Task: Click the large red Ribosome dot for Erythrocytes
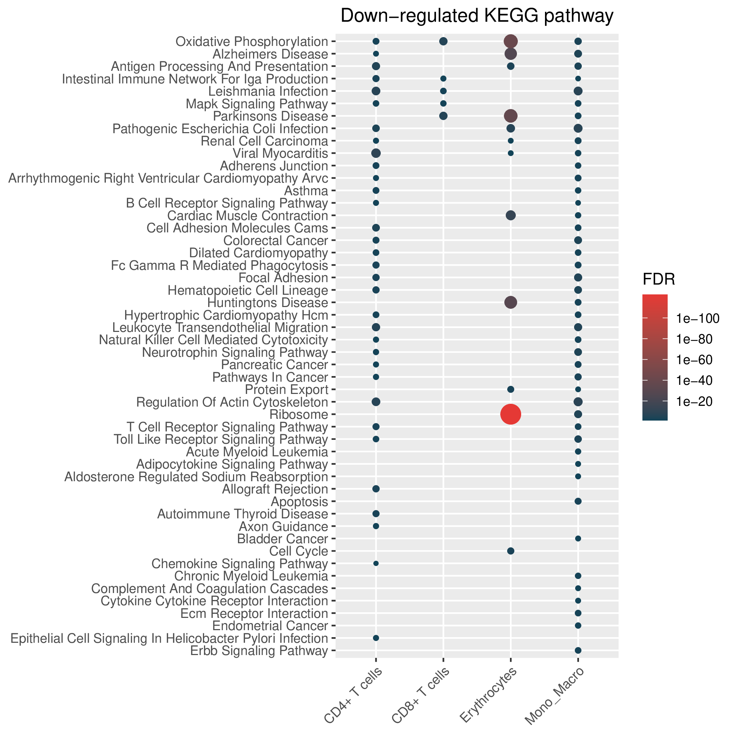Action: [x=511, y=414]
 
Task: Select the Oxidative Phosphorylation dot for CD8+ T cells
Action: [x=443, y=41]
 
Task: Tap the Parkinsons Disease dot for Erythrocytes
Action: [x=511, y=116]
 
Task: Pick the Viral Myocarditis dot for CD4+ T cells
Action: [x=376, y=153]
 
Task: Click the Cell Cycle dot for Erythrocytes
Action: [x=511, y=551]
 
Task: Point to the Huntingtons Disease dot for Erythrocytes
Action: [x=511, y=302]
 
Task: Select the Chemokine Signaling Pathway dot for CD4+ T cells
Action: [x=376, y=564]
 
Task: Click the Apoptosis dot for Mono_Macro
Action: [x=578, y=501]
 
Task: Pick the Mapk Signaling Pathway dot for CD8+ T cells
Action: [x=443, y=103]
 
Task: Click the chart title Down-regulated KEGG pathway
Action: [x=477, y=16]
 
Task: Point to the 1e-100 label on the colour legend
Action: [x=698, y=318]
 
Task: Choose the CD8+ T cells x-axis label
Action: [x=421, y=696]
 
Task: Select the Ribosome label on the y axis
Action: [x=299, y=415]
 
